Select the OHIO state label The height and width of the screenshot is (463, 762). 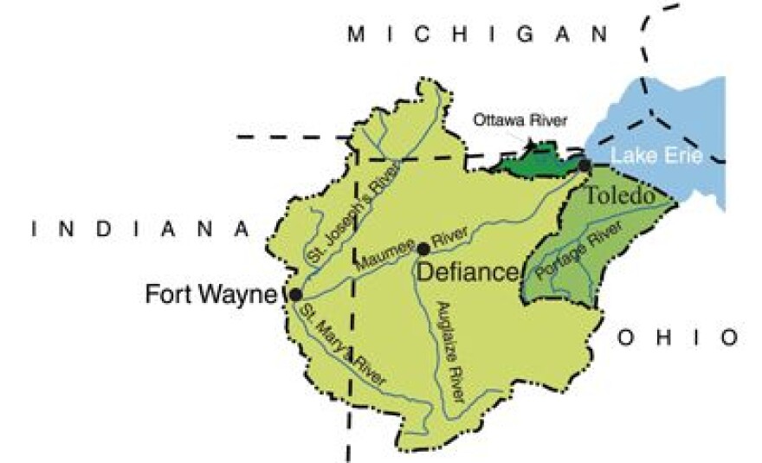pyautogui.click(x=678, y=337)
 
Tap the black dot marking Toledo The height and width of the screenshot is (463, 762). pyautogui.click(x=585, y=165)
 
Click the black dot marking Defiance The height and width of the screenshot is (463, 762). pyautogui.click(x=423, y=249)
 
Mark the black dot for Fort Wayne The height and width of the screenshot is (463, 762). pyautogui.click(x=296, y=293)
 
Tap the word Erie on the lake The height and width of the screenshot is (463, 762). pyautogui.click(x=684, y=158)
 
